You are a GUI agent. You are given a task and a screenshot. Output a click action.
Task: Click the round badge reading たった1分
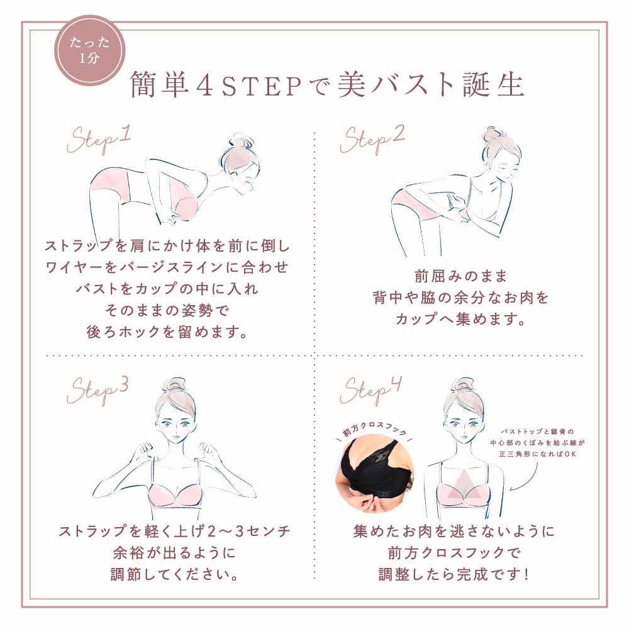pos(89,50)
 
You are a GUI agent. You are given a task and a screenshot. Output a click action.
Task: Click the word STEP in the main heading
pos(261,86)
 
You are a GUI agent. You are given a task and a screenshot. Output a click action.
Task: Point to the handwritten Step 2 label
pos(372,140)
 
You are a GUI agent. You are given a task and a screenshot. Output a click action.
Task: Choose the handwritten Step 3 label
pos(98,391)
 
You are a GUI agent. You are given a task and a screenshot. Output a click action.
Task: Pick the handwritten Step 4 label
pos(370,391)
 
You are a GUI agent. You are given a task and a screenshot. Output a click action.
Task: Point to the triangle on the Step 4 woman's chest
pos(464,485)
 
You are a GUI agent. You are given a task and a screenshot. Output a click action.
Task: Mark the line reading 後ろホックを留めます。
pos(167,331)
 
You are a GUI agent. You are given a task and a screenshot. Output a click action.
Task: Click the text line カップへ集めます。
pos(460,319)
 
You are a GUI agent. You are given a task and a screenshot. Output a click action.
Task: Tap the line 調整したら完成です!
pos(455,574)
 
